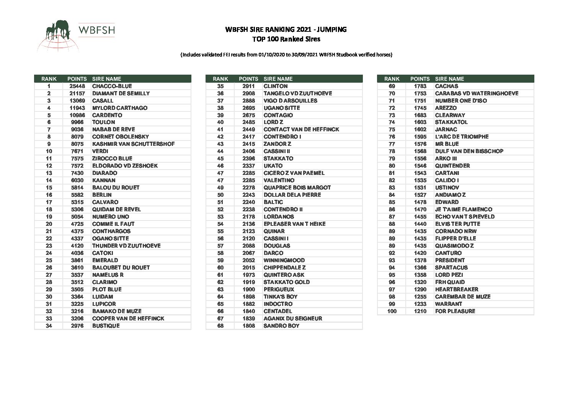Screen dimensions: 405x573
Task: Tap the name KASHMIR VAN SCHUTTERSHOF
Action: [x=133, y=144]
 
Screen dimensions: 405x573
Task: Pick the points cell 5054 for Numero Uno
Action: [x=77, y=217]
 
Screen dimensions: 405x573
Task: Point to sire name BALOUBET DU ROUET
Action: [x=121, y=268]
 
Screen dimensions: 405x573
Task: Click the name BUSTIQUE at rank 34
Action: [x=106, y=326]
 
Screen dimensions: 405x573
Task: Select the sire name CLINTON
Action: [x=276, y=86]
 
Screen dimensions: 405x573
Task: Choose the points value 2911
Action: [x=248, y=86]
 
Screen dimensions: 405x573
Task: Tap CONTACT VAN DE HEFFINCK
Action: [x=301, y=129]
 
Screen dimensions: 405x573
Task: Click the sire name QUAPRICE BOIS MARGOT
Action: [x=297, y=188]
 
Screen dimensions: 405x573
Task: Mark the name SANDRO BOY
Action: [x=281, y=326]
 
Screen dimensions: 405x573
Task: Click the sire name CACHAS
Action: [x=446, y=86]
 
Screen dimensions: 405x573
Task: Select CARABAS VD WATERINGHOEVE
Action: [x=477, y=93]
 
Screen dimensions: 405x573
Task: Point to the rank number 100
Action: [x=392, y=311]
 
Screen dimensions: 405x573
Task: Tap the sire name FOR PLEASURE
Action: [x=455, y=311]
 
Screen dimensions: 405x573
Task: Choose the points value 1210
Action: [x=420, y=311]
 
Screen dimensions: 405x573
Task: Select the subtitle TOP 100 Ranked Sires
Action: [x=286, y=39]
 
